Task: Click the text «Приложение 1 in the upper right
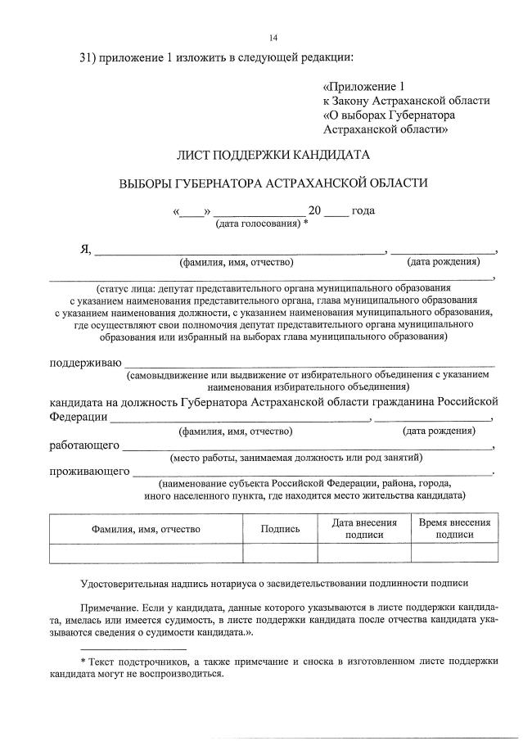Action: point(363,86)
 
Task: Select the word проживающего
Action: point(90,471)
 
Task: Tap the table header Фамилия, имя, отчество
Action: point(146,529)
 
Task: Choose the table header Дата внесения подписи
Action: point(364,528)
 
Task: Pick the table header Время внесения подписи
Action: point(454,528)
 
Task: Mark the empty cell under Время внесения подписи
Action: point(454,553)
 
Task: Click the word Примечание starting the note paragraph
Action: point(113,610)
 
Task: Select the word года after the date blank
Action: point(363,210)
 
